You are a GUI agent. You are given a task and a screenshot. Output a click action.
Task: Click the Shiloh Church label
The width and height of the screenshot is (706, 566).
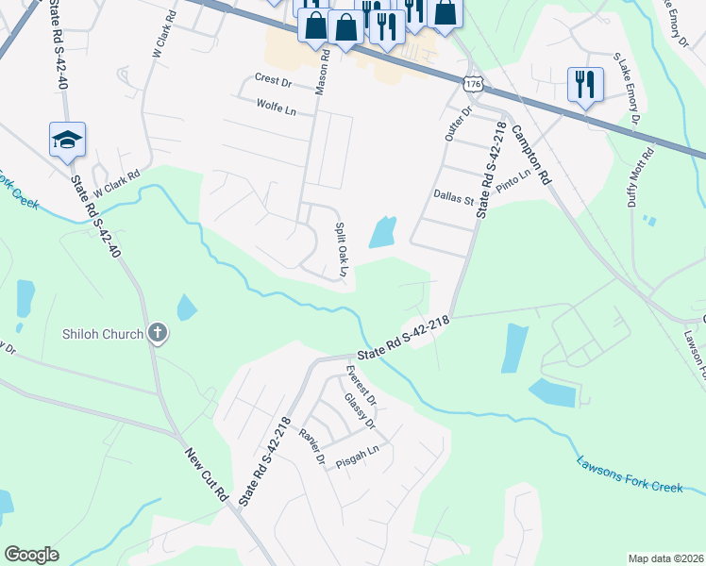tap(103, 333)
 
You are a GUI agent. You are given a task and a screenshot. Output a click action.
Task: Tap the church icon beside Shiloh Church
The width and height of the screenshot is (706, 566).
tap(157, 333)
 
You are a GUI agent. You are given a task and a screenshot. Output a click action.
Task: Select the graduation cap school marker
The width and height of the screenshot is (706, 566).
tap(67, 140)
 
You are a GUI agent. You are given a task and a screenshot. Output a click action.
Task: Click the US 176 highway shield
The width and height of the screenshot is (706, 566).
tap(473, 86)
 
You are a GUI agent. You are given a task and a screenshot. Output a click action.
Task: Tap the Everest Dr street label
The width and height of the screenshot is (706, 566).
tap(361, 382)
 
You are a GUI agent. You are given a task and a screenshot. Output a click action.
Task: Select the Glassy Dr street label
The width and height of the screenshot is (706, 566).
tap(360, 411)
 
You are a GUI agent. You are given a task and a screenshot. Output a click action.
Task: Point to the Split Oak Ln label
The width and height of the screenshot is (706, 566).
tap(344, 250)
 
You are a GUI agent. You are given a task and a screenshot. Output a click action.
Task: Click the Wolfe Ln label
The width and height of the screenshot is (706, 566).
tap(276, 109)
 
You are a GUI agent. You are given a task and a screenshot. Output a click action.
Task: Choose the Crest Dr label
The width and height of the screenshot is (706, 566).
tap(274, 80)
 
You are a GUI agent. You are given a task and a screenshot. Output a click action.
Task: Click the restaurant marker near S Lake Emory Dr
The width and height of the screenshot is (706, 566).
tap(585, 85)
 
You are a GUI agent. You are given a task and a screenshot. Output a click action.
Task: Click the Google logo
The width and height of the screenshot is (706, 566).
tap(32, 555)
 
